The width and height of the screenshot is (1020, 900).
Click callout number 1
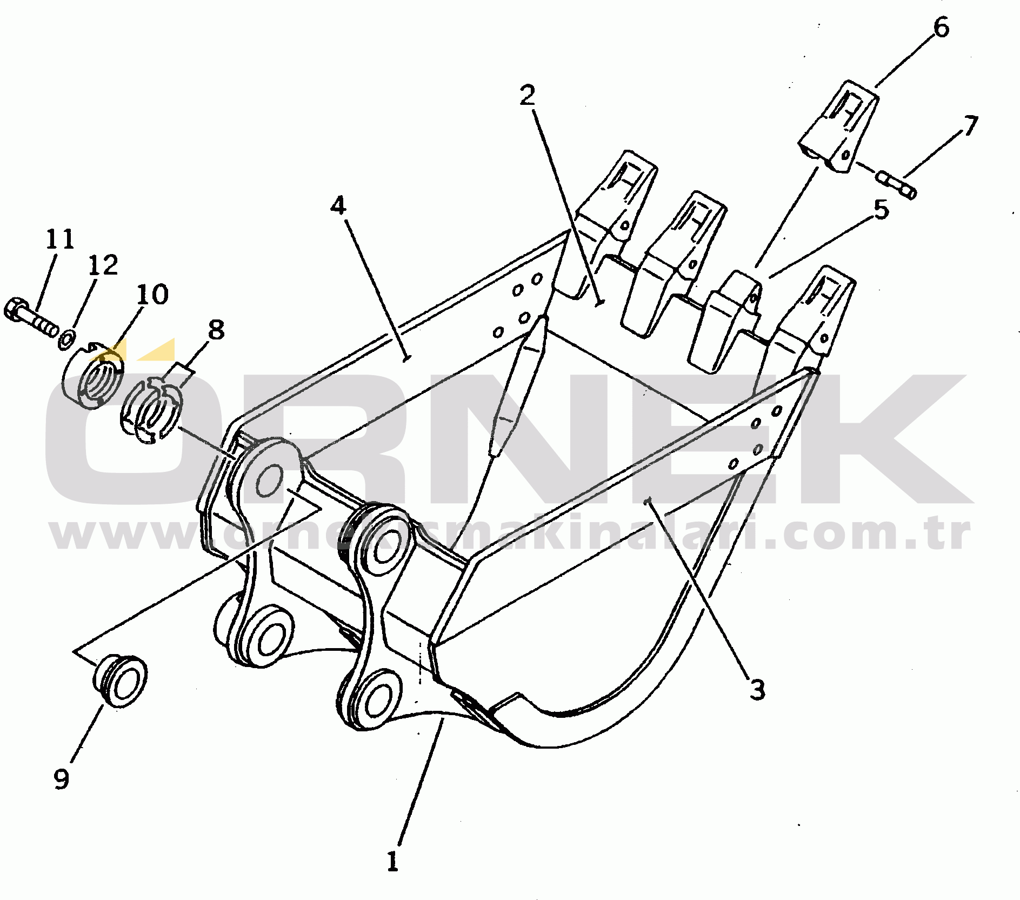click(x=393, y=861)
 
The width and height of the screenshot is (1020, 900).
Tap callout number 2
click(x=527, y=95)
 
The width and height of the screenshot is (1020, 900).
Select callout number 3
click(x=757, y=690)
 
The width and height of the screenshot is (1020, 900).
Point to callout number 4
click(x=338, y=205)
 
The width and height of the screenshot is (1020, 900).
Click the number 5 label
click(x=881, y=209)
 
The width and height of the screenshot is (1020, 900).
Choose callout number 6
click(x=941, y=27)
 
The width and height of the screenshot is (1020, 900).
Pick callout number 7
click(x=971, y=126)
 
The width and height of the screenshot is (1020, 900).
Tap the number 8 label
click(x=216, y=329)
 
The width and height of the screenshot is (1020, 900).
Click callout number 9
click(x=62, y=779)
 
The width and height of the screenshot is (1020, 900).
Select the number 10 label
click(x=152, y=294)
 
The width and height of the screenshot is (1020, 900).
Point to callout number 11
click(x=59, y=239)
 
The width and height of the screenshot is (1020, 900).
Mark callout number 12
click(x=103, y=265)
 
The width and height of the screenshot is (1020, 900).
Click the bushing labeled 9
click(x=121, y=679)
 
